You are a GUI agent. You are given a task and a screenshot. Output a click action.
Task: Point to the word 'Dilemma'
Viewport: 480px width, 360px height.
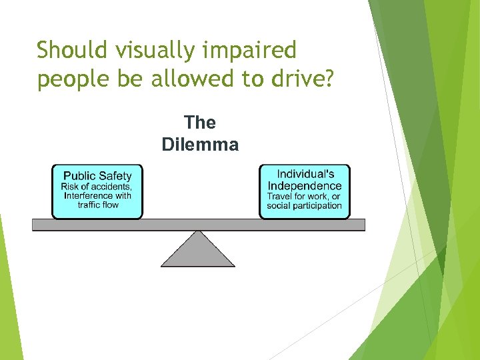coord(200,144)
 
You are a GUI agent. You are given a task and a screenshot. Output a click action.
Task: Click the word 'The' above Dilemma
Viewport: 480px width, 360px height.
coord(200,123)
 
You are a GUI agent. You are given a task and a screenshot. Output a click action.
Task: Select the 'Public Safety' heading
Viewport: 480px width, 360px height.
coord(97,176)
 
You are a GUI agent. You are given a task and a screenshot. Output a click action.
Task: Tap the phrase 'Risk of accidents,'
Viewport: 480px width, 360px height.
coord(97,187)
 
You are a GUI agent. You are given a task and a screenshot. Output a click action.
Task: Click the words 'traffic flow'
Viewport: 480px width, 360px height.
coord(97,205)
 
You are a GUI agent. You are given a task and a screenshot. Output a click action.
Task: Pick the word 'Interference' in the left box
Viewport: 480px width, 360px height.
coord(89,196)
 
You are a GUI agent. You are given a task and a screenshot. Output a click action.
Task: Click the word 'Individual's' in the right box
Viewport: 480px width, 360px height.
coord(305,175)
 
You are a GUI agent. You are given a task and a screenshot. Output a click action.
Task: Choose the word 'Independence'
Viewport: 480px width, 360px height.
coord(305,186)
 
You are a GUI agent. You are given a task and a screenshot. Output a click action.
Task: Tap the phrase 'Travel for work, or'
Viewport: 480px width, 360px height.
coord(304,197)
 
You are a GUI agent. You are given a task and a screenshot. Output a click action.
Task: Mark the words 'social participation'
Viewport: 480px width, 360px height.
coord(304,206)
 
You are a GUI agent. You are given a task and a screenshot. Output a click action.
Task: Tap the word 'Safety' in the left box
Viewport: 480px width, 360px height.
coord(115,176)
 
